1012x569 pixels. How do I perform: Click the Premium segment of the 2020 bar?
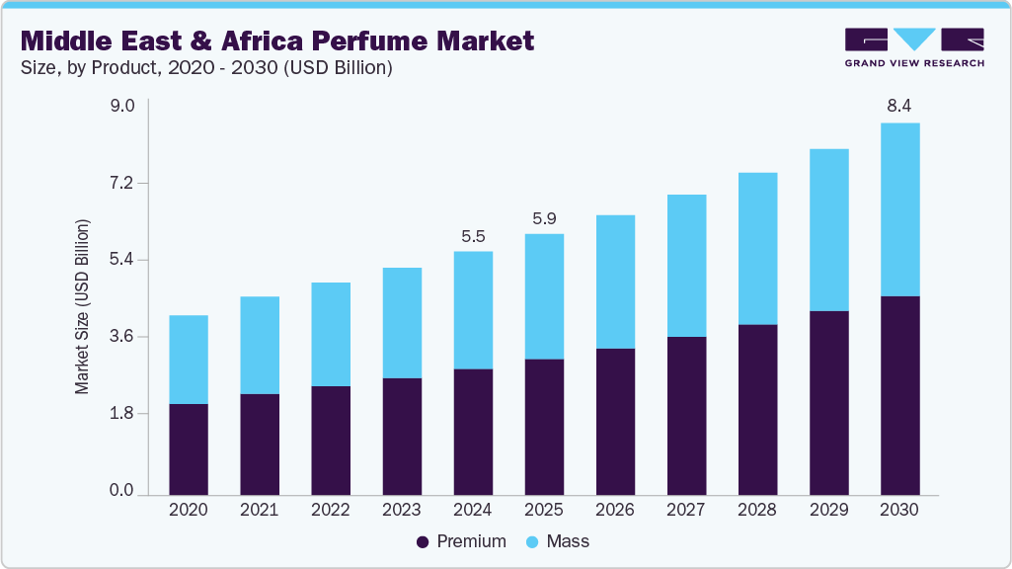tap(189, 449)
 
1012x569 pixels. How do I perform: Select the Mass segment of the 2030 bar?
tap(899, 209)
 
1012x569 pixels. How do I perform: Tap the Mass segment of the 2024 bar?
tap(473, 310)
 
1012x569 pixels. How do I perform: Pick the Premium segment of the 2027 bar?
tap(686, 416)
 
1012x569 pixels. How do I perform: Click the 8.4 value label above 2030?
tap(899, 105)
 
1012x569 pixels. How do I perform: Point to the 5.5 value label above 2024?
tap(473, 236)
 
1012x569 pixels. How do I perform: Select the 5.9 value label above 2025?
tap(544, 218)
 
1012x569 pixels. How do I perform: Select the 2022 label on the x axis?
tap(331, 510)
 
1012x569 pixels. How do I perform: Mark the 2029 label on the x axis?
tap(828, 510)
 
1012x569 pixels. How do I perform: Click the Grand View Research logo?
tap(914, 46)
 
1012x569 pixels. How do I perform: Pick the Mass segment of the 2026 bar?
tap(615, 282)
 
